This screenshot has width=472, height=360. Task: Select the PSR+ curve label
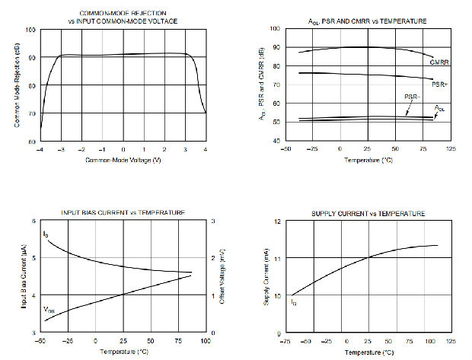pyautogui.click(x=440, y=84)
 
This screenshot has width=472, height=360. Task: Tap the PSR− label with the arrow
pyautogui.click(x=411, y=98)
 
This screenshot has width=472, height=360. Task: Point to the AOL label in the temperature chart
pyautogui.click(x=440, y=109)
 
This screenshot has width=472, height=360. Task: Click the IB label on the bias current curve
pyautogui.click(x=45, y=234)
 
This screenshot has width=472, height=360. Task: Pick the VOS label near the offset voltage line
pyautogui.click(x=49, y=311)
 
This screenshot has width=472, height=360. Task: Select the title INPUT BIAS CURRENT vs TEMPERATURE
pyautogui.click(x=124, y=212)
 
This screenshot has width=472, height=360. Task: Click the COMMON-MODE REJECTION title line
pyautogui.click(x=123, y=13)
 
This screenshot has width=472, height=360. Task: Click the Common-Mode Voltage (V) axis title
pyautogui.click(x=123, y=161)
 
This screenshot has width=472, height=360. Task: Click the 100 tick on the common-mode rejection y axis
pyautogui.click(x=31, y=30)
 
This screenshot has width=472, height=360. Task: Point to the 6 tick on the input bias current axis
pyautogui.click(x=33, y=221)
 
